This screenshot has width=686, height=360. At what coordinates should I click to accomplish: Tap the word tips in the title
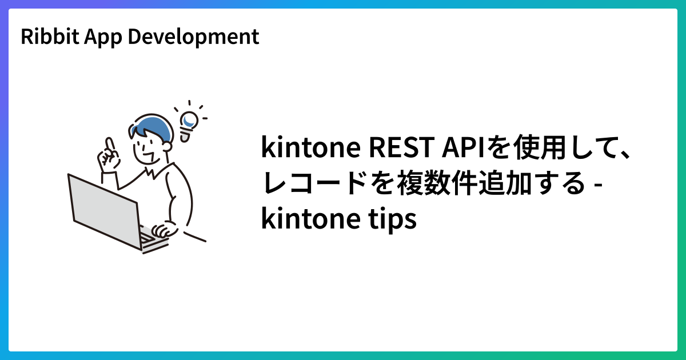[394, 219]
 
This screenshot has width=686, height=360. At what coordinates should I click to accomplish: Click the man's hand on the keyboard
[164, 230]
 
